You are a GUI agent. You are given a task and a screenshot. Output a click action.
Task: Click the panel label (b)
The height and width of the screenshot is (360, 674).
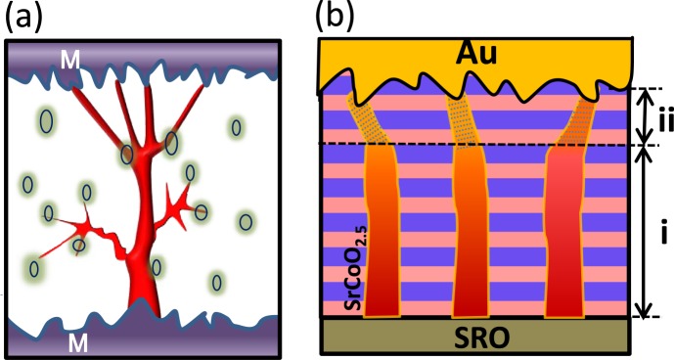click(x=336, y=19)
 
